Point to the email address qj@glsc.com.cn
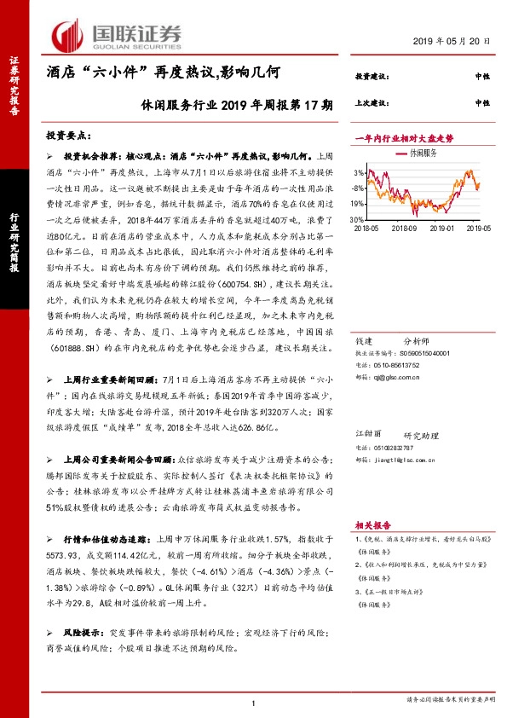[x=400, y=373]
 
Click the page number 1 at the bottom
[x=254, y=702]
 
